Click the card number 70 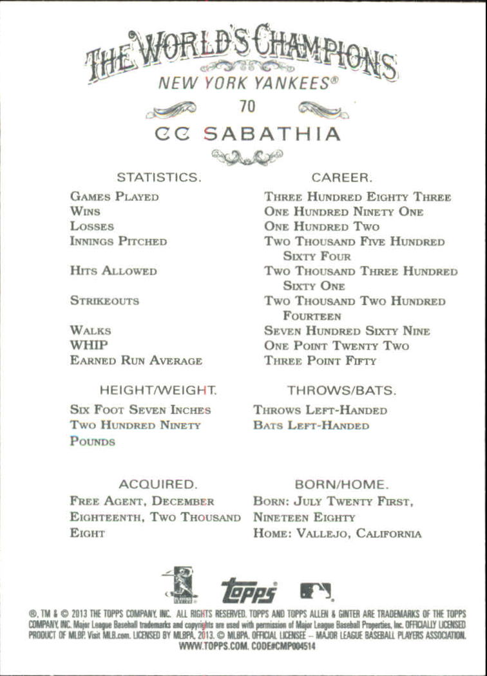click(x=247, y=106)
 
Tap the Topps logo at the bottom click(x=249, y=590)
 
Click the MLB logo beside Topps click(x=316, y=590)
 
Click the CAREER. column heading click(x=341, y=176)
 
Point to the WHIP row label click(x=89, y=345)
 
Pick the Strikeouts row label click(x=104, y=301)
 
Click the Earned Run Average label click(x=136, y=361)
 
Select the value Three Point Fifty click(x=320, y=361)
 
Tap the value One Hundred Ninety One click(x=343, y=212)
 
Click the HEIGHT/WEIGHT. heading click(x=158, y=390)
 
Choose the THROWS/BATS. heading click(x=341, y=390)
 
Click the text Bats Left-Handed click(x=311, y=426)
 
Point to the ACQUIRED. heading click(x=158, y=484)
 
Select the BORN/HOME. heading click(x=341, y=484)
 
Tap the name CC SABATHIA click(x=247, y=134)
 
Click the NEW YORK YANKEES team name click(x=247, y=83)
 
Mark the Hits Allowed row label click(x=113, y=271)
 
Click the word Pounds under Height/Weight click(x=93, y=442)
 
